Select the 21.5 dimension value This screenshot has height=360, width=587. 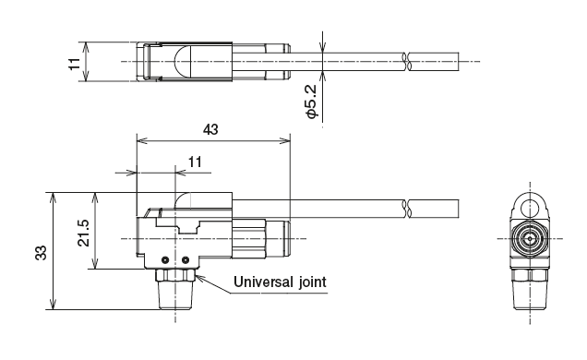84,232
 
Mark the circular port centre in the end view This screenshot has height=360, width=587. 530,238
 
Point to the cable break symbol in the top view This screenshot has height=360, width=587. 406,62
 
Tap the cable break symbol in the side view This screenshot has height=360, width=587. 406,208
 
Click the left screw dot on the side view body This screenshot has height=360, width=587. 165,258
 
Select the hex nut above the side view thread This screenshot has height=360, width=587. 174,272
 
